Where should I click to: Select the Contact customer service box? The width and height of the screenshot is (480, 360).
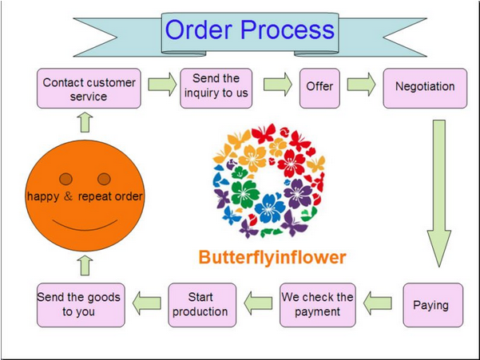point(89,89)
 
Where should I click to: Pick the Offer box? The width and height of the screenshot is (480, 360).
point(319,86)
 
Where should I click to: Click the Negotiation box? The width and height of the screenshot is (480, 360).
point(425,86)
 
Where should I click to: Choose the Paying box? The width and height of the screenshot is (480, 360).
point(431,305)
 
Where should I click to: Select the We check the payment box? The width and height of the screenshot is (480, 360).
point(317,305)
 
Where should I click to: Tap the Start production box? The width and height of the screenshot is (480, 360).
point(200,305)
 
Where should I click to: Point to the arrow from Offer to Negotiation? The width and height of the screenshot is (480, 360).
point(361,86)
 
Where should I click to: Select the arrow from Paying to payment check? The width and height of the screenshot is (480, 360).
point(377,303)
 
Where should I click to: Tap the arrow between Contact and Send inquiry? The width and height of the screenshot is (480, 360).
point(161,85)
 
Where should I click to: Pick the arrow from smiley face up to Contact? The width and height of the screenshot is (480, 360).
point(85,122)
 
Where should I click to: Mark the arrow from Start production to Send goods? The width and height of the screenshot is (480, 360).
point(146,303)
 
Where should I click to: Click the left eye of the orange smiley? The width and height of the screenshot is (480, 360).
point(65,179)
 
